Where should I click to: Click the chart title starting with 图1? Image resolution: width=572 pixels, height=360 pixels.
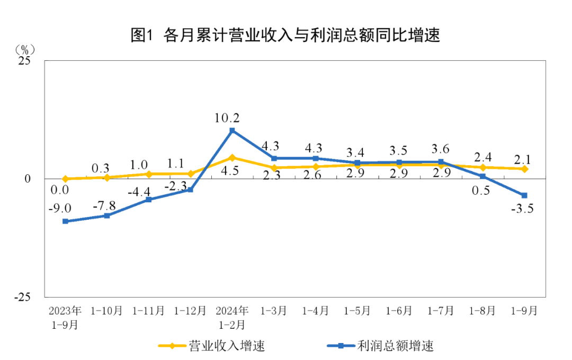tap(285, 35)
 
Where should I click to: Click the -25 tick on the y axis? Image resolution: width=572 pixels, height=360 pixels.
tap(23, 297)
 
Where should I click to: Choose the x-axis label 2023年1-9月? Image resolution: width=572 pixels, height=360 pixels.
tap(65, 317)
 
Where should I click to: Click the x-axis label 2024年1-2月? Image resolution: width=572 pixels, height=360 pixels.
tap(232, 317)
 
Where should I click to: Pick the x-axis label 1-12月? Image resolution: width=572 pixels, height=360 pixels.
tap(190, 311)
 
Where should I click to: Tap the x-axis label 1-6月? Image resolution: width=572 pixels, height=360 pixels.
tap(399, 311)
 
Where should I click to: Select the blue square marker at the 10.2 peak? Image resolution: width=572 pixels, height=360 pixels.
tap(232, 130)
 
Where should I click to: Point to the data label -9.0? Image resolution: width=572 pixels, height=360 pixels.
tap(60, 207)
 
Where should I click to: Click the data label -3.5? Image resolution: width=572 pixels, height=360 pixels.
tap(522, 209)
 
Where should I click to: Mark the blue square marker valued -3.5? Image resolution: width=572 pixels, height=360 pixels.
tap(524, 195)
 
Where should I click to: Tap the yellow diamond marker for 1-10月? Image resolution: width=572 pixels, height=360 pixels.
tap(107, 177)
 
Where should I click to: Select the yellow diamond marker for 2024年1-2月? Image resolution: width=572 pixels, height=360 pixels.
tap(232, 157)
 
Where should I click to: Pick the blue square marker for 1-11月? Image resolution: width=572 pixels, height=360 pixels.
tap(149, 200)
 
